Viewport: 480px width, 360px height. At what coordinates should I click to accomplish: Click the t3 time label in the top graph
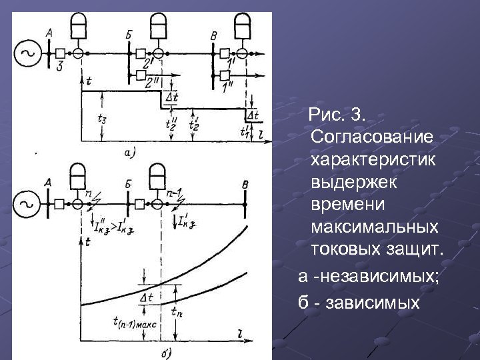tap(102, 121)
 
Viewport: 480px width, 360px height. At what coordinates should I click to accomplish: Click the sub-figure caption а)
tap(130, 153)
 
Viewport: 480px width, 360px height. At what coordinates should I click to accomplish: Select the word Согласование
tap(372, 137)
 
